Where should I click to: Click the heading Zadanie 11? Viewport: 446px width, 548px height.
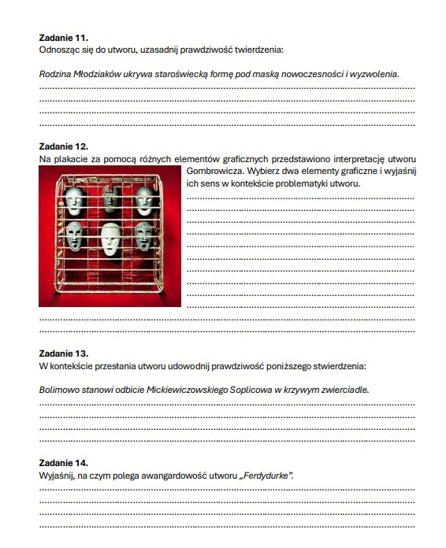point(64,37)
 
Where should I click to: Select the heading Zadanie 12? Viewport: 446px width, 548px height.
point(64,146)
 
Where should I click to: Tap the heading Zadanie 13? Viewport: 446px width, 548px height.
point(64,353)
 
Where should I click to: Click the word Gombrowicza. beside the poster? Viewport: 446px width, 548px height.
point(217,170)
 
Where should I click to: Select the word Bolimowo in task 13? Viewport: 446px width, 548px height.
point(58,390)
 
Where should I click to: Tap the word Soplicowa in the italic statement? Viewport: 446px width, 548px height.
point(244,390)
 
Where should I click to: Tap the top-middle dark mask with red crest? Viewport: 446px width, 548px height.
point(110,196)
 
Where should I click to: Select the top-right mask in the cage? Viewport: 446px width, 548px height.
point(143,201)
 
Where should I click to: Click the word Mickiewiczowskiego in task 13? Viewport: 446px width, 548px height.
point(162,390)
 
